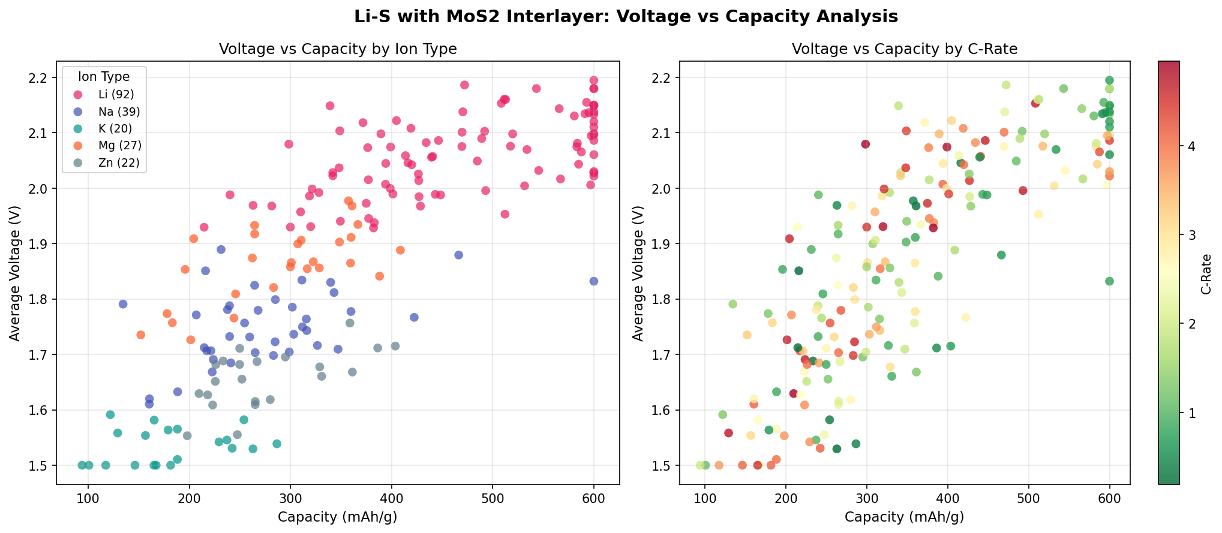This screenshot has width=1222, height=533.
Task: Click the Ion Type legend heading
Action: [104, 76]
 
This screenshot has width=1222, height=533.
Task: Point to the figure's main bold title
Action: [626, 17]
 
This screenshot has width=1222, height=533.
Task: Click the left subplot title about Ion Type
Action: [338, 49]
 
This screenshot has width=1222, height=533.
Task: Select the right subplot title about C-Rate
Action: [905, 49]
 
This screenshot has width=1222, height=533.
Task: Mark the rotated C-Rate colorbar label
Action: [1206, 274]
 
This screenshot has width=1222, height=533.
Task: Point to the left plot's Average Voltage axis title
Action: [15, 273]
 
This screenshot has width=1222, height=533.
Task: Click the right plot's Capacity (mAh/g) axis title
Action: [905, 517]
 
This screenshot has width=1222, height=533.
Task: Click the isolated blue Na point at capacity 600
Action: [594, 281]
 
